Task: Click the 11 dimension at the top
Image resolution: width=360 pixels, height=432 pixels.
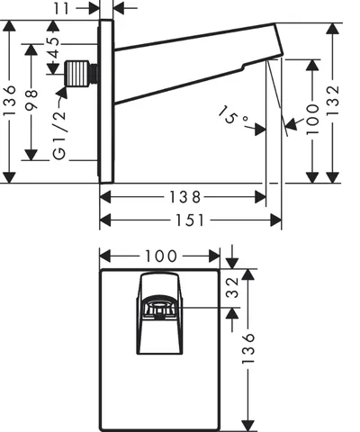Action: (x=61, y=8)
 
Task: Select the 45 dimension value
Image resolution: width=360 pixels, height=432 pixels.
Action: (x=53, y=48)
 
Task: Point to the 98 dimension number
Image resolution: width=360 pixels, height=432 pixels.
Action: (x=31, y=100)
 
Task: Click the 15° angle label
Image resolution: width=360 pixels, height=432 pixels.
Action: (x=233, y=115)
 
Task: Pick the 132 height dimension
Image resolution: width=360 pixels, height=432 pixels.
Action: (x=333, y=101)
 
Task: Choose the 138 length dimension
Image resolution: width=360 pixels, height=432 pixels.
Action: (x=184, y=197)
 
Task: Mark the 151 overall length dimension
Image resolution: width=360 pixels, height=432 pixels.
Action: (x=190, y=220)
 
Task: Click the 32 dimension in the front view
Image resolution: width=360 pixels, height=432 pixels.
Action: (x=232, y=287)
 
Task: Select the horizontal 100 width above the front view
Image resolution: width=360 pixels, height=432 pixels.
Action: (x=161, y=256)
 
